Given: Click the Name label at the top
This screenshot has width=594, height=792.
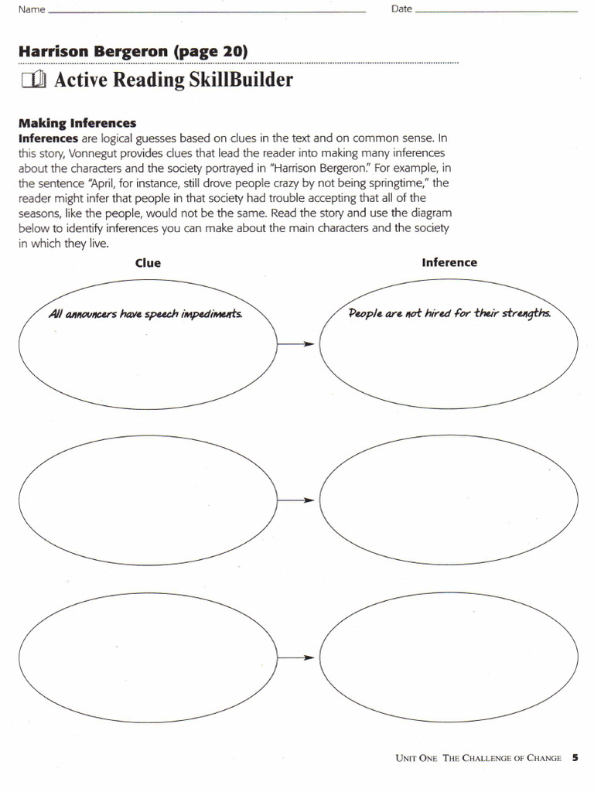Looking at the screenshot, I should [x=31, y=10].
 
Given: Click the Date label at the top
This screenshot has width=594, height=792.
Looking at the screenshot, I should [x=401, y=10].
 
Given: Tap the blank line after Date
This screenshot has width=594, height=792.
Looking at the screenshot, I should [x=496, y=12].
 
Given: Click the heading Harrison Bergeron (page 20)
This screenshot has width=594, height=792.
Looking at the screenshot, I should [x=133, y=52].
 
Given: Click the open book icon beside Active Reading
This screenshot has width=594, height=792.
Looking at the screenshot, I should [x=35, y=80].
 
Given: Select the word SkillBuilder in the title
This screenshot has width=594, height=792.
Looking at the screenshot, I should [x=241, y=80].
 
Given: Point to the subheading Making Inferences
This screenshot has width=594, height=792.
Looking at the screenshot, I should [x=77, y=123].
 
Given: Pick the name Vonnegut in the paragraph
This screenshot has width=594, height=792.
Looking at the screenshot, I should [x=94, y=153].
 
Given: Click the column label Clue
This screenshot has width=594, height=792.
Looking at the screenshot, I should [x=148, y=263].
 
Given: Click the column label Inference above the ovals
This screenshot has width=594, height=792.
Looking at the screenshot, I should [x=449, y=262].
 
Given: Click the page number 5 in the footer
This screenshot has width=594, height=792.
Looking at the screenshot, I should [x=575, y=758].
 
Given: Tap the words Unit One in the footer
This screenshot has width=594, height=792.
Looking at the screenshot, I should [x=416, y=759].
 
